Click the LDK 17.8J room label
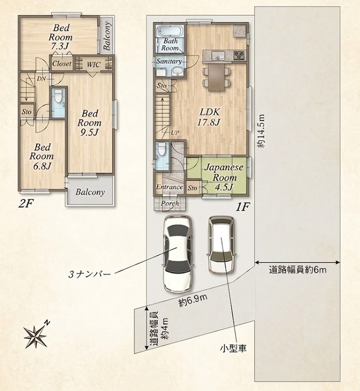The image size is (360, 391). (209, 117)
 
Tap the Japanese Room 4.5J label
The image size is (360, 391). (224, 177)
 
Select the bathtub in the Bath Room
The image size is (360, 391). (169, 31)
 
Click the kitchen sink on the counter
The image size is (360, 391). (218, 55)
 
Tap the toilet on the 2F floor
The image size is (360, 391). (59, 97)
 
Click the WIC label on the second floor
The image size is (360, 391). (93, 64)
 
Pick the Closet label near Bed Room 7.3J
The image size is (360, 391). (62, 63)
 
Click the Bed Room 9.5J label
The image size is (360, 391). (90, 123)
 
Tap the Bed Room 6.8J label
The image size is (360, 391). (42, 156)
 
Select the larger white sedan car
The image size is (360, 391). (178, 254)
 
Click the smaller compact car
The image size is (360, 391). (221, 244)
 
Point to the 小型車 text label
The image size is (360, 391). (233, 348)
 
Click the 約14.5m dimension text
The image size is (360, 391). (261, 131)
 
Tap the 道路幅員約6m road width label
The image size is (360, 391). (298, 270)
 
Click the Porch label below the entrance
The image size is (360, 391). (170, 203)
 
